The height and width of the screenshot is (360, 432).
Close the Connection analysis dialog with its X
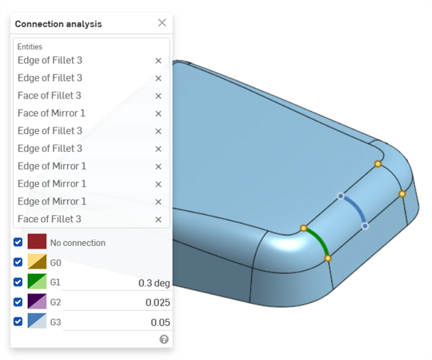(162, 23)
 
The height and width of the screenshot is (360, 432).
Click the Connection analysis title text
(58, 24)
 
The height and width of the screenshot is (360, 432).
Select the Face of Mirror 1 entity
(52, 113)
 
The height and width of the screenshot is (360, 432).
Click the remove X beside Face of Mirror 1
(158, 113)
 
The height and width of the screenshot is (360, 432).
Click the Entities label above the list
(31, 46)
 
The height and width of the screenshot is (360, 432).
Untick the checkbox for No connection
(18, 241)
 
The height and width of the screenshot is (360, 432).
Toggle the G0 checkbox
(18, 261)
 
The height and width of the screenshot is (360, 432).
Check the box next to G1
(18, 282)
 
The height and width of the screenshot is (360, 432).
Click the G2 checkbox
(18, 302)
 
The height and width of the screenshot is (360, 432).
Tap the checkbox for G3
(18, 322)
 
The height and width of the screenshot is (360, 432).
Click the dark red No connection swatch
(38, 241)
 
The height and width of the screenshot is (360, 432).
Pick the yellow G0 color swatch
(38, 261)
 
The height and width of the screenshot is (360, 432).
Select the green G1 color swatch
(38, 282)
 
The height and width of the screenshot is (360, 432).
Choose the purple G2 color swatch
(38, 302)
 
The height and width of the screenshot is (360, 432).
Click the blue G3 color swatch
(38, 322)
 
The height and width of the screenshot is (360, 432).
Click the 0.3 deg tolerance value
(154, 283)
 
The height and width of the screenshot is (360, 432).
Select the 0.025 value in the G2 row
(157, 303)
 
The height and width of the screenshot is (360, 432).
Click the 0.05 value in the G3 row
(160, 322)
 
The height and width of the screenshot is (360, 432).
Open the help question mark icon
(164, 339)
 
